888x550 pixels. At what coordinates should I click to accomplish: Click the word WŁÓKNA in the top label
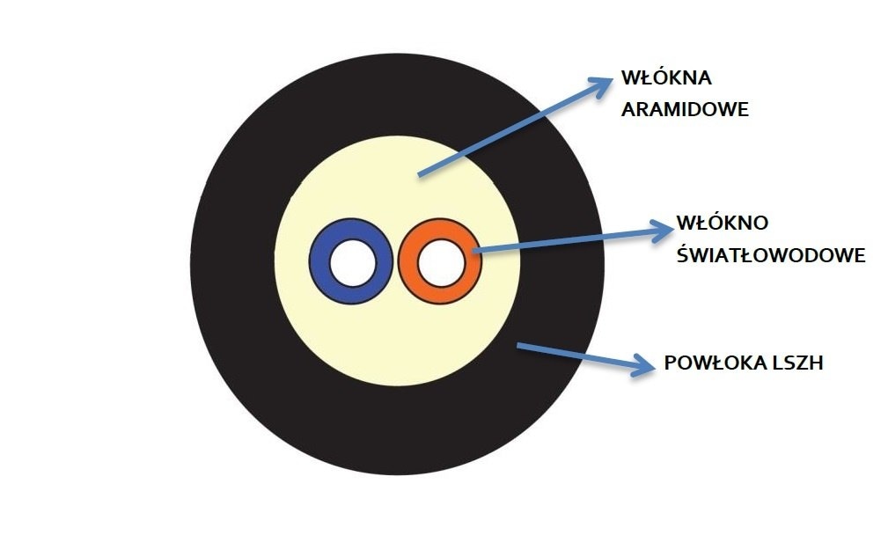tap(665, 77)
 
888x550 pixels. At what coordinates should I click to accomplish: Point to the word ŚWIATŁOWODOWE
tap(770, 255)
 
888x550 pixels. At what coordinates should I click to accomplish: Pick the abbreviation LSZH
tap(795, 363)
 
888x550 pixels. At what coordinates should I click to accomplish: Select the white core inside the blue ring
tap(350, 261)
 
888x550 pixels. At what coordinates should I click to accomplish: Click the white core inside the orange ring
tap(439, 261)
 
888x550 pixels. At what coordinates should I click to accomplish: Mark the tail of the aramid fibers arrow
tap(420, 175)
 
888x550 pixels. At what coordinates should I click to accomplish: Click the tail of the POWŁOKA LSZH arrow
tap(519, 346)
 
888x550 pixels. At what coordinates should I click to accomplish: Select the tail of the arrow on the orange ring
tap(476, 252)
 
